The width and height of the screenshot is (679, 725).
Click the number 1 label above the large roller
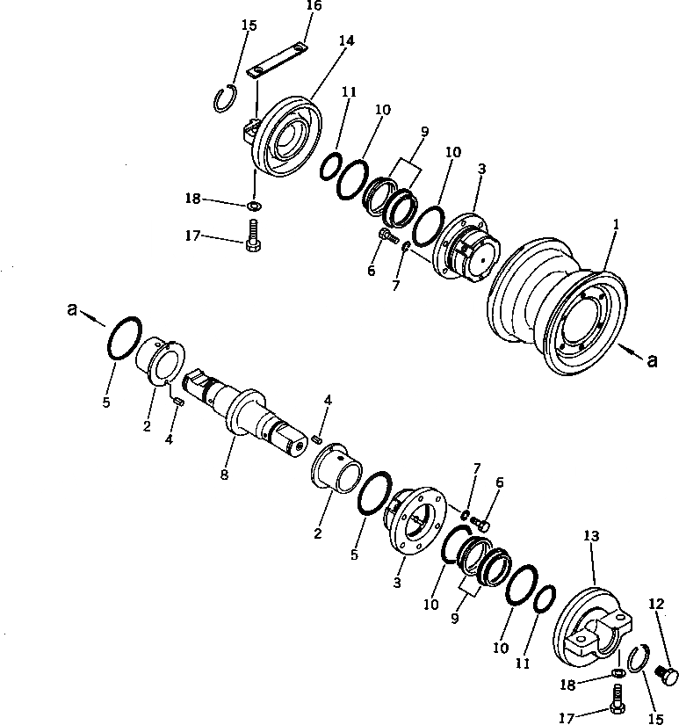(x=616, y=225)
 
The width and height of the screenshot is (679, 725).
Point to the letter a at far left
(x=74, y=309)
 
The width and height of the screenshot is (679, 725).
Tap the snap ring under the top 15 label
(x=226, y=98)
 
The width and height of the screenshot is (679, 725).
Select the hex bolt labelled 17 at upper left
(x=252, y=236)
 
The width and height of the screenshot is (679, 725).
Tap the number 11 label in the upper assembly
(x=349, y=91)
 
